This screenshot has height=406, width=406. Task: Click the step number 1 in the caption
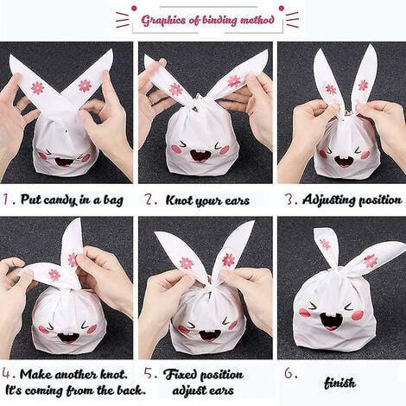pos(9,200)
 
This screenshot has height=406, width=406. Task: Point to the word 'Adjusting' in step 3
pos(329,200)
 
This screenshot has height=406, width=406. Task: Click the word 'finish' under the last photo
pos(339,382)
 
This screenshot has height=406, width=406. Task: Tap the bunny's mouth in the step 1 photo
pos(63,161)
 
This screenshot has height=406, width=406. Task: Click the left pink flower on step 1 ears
pos(37,87)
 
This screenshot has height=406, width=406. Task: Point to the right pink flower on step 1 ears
pos(85,86)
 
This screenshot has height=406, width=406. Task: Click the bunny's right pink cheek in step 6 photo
pos(358,314)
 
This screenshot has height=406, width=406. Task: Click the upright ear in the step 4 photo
pos(73,251)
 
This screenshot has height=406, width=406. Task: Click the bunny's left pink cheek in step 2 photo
pos(175,149)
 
